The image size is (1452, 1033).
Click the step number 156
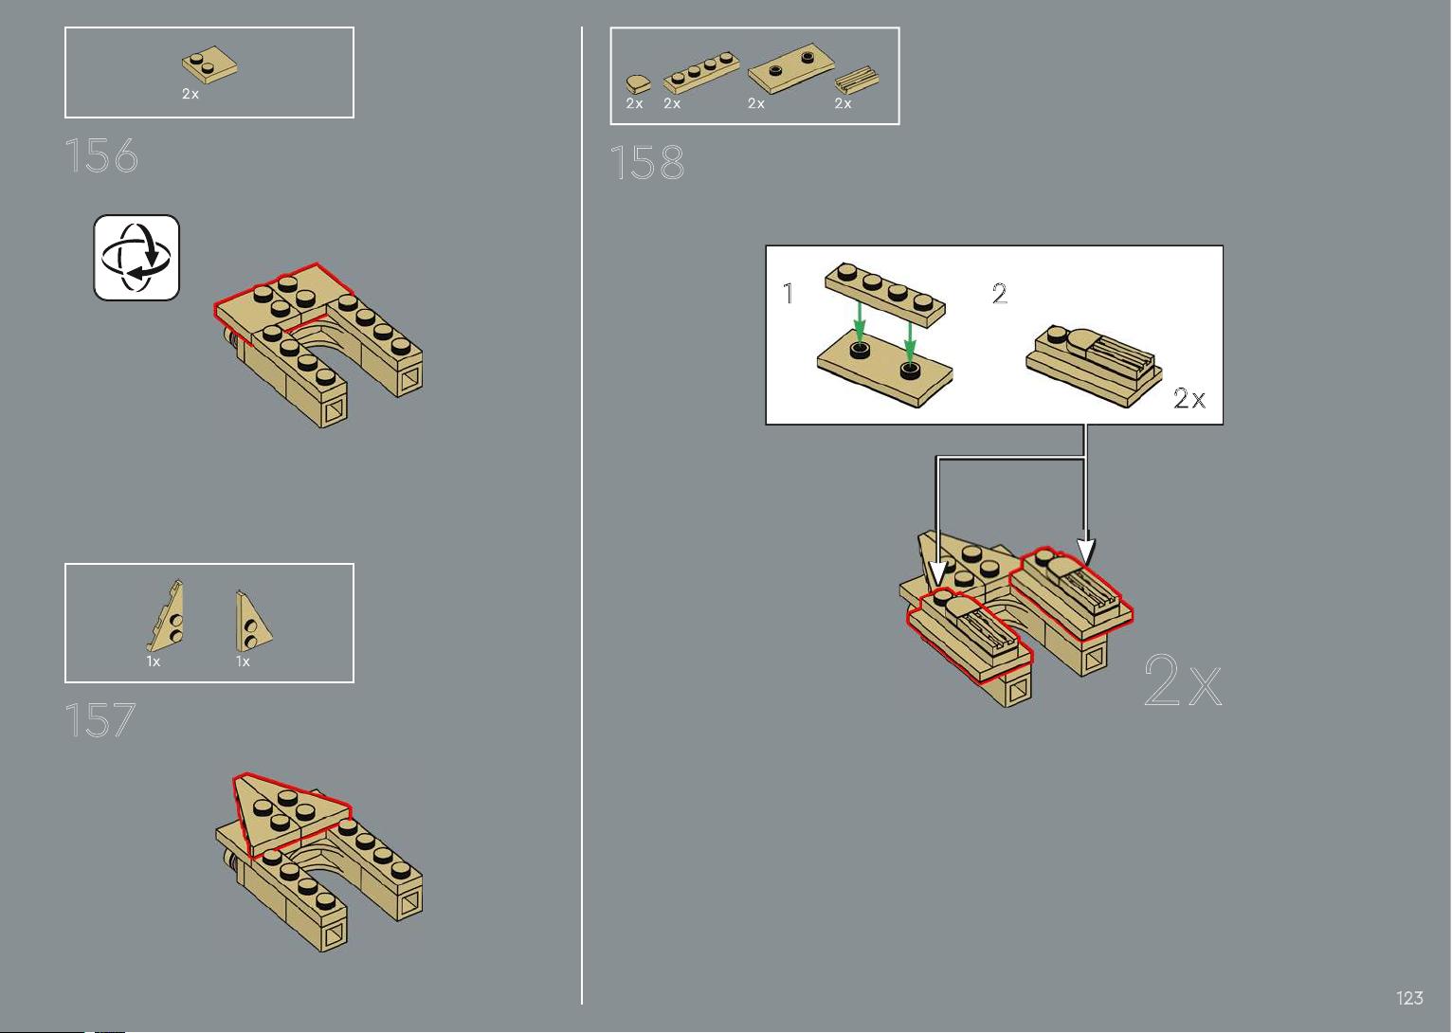pos(101,155)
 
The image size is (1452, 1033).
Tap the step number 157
pos(100,720)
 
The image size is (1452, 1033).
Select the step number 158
pos(647,162)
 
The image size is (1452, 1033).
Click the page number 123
pos(1410,998)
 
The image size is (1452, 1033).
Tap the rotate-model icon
pos(136,257)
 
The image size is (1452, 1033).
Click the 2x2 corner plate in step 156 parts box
pos(209,64)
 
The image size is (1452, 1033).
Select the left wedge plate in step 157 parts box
pos(165,615)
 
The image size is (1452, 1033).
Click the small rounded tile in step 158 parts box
pos(639,84)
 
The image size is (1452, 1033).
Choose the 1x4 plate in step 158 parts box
pos(701,73)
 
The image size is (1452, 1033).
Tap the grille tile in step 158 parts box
pos(856,80)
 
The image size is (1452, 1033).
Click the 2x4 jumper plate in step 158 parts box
pos(790,68)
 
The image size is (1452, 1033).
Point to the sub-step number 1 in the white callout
pos(789,294)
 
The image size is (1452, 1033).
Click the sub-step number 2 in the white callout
pos(1000,294)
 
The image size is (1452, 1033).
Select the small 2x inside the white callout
pos(1189,398)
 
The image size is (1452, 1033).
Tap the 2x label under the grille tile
pos(843,103)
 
